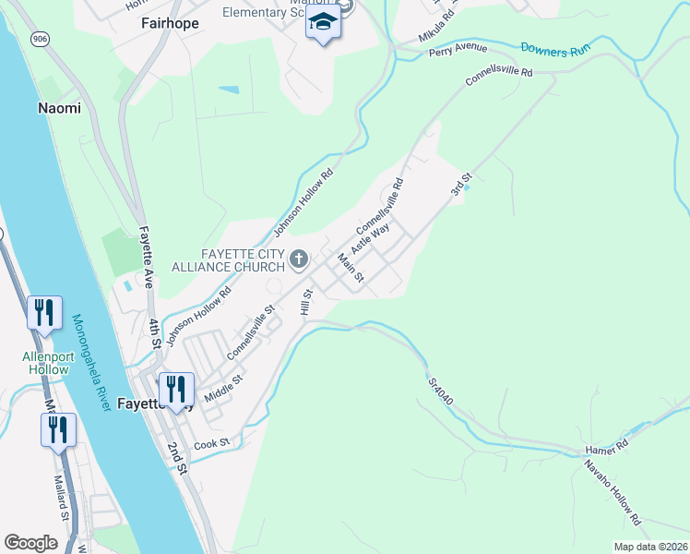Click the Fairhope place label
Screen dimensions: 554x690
click(170, 23)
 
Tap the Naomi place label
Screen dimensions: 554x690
click(59, 108)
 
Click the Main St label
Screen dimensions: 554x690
click(351, 268)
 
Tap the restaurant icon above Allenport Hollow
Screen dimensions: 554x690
click(44, 313)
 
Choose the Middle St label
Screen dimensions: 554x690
click(223, 388)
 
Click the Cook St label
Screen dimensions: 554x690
click(211, 444)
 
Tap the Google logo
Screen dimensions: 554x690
click(31, 542)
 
